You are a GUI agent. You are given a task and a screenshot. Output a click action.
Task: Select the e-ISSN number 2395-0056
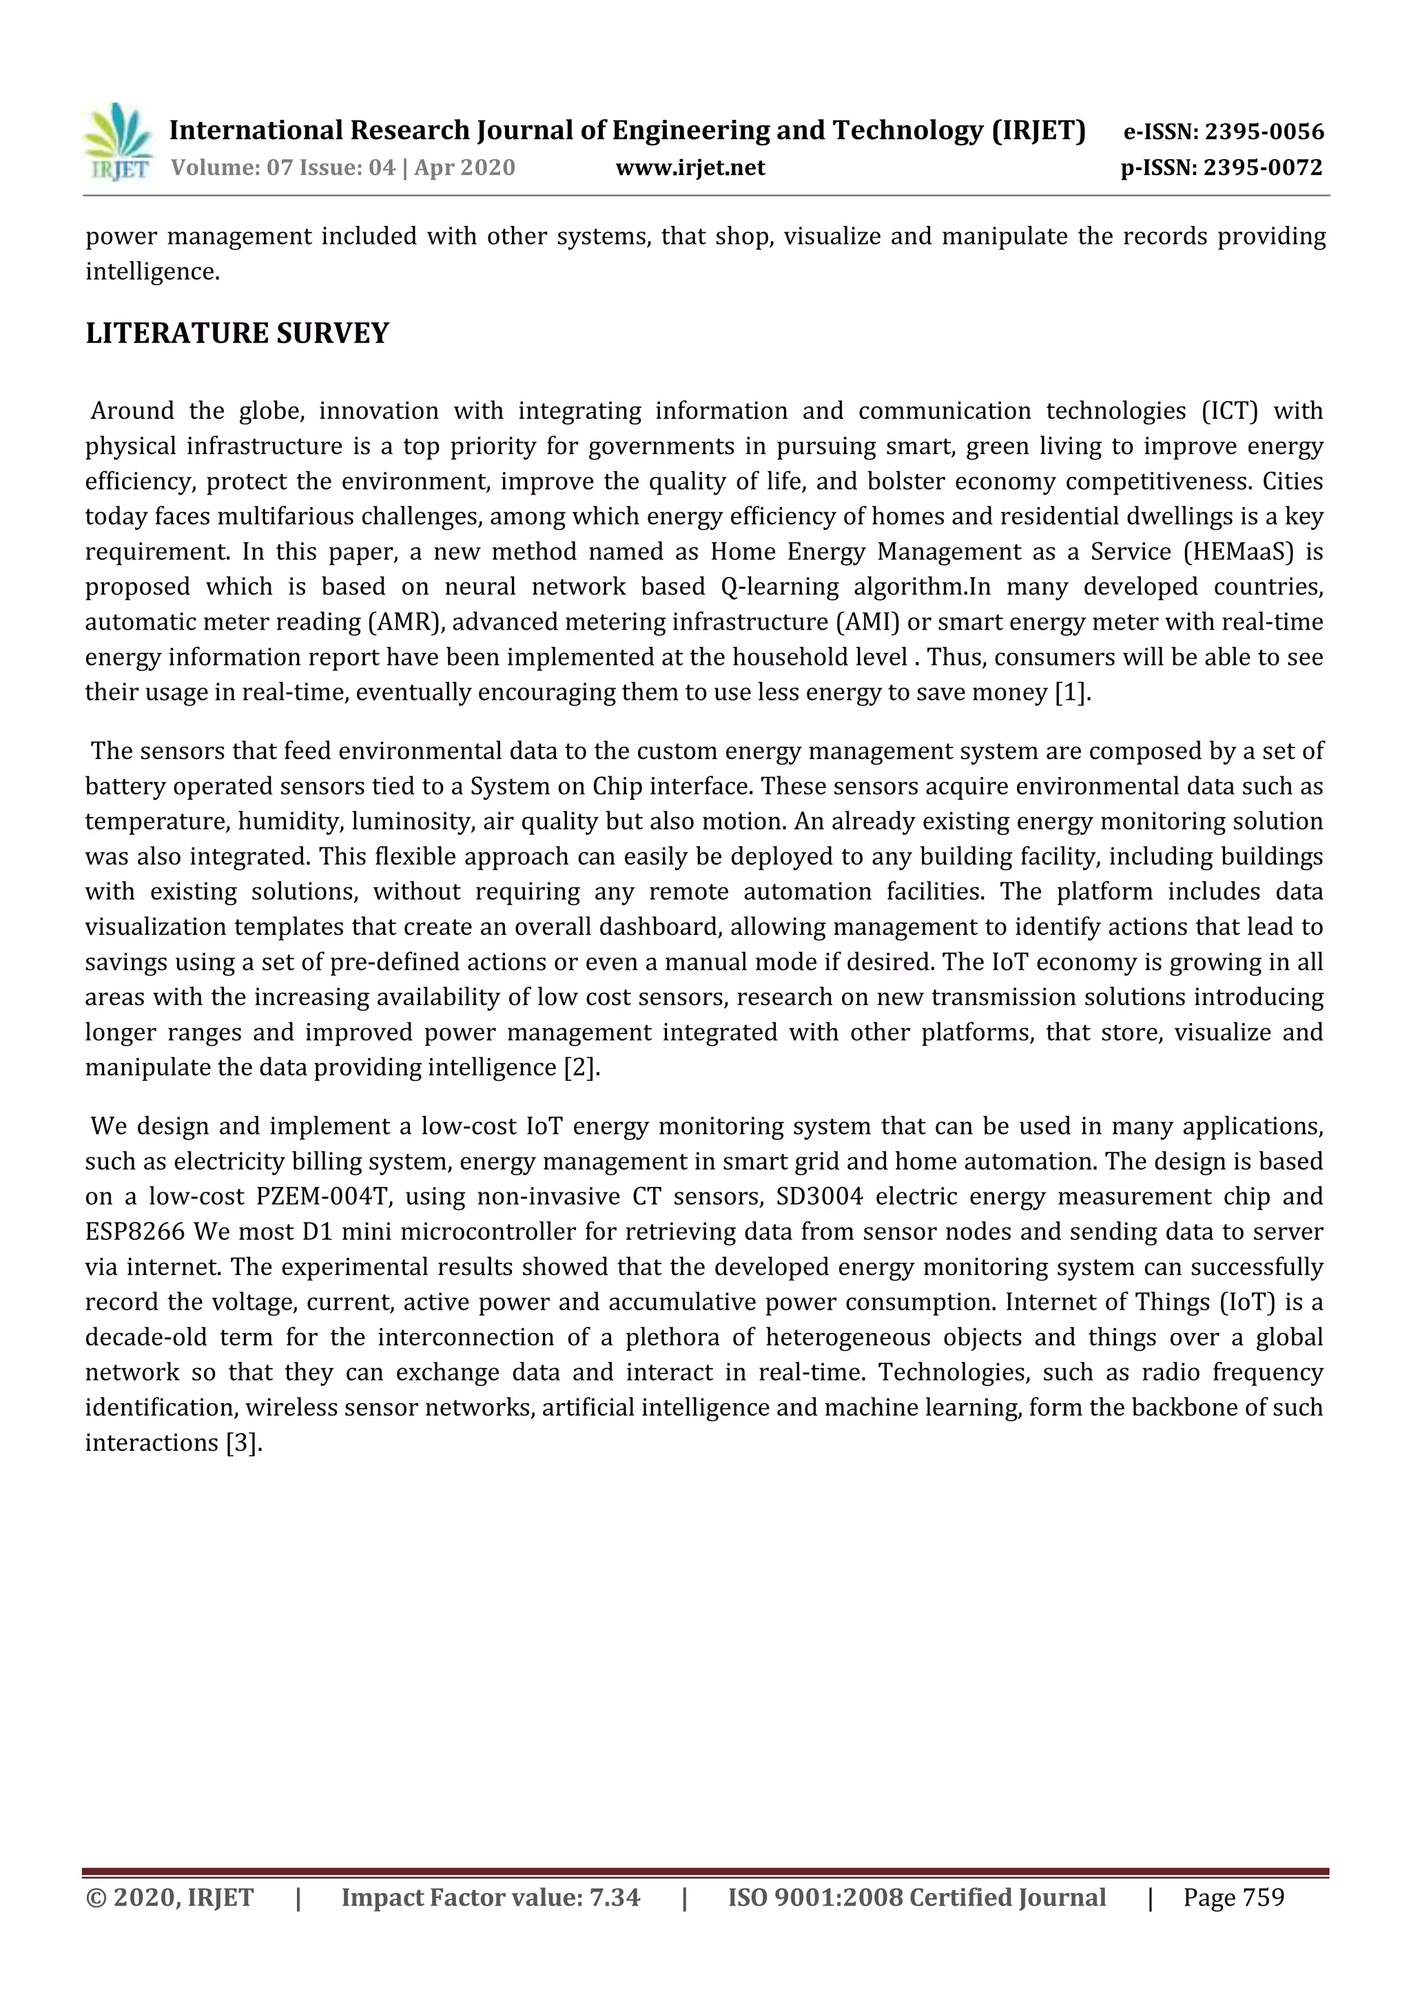(x=1264, y=132)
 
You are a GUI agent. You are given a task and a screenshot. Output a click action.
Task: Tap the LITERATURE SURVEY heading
(x=237, y=333)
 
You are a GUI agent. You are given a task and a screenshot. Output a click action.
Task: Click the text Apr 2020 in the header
(x=465, y=167)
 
